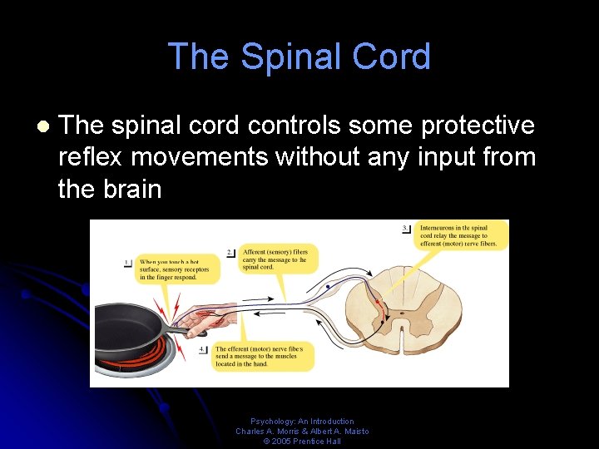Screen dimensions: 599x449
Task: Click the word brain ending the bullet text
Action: [x=134, y=189]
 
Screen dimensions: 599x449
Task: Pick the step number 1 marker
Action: [x=128, y=263]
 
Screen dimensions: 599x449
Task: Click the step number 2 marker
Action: [x=230, y=252]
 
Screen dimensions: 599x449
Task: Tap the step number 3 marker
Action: [x=405, y=228]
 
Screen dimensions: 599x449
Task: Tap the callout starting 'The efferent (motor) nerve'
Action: [x=263, y=355]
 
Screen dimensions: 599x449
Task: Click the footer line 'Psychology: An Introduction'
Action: [x=302, y=422]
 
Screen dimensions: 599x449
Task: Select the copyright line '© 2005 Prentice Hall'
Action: [x=302, y=442]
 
